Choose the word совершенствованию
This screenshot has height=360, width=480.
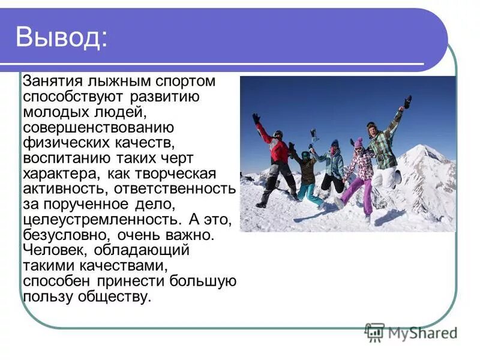[98, 127]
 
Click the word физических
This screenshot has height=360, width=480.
[63, 143]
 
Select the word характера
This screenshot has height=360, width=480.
[60, 174]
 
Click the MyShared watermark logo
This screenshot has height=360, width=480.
[412, 332]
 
